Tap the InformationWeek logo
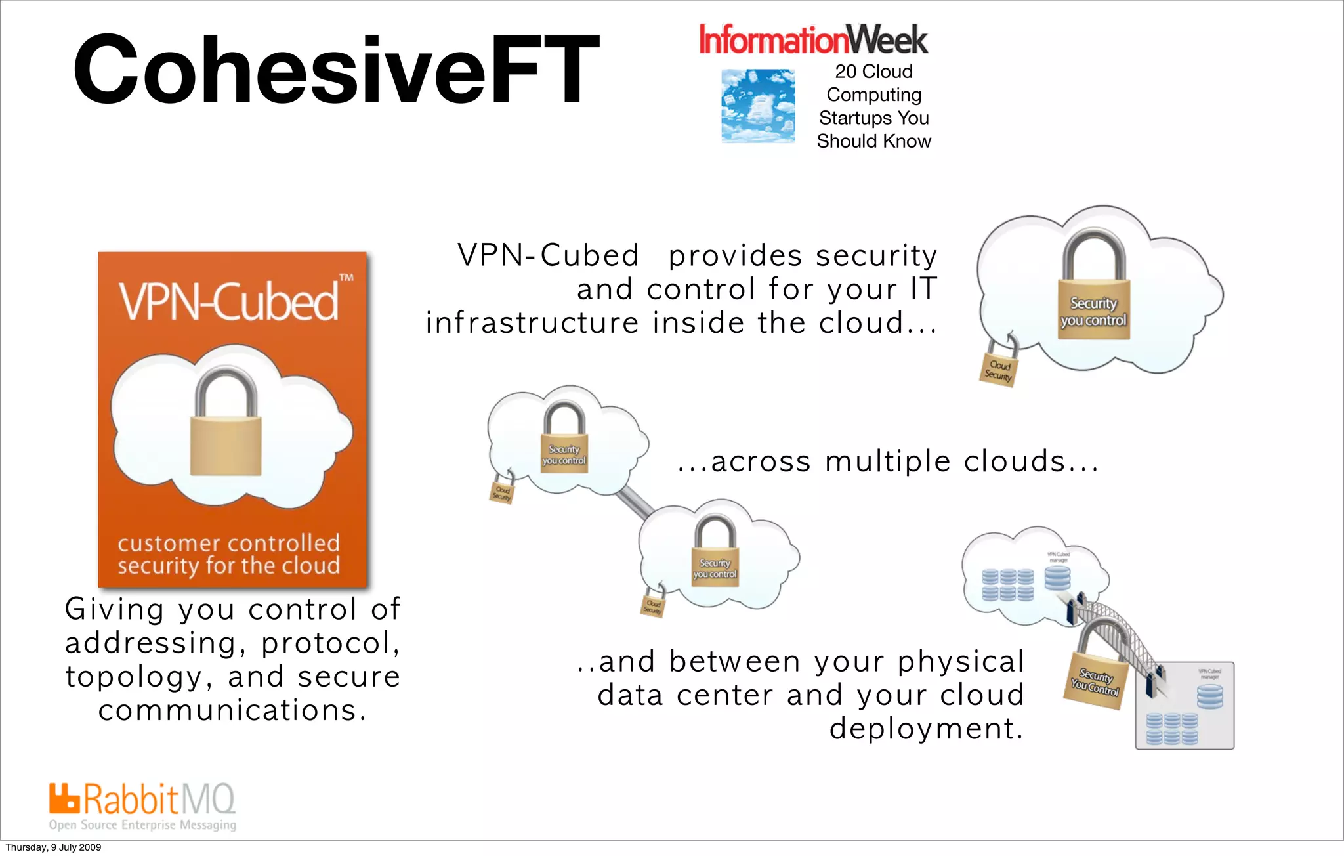pos(813,39)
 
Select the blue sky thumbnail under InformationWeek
pos(758,106)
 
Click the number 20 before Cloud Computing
pos(845,72)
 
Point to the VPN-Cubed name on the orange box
pos(229,301)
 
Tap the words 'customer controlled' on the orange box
pos(228,543)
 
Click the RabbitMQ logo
pos(142,800)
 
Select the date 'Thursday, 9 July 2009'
pos(53,847)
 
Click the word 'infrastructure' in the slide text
pos(532,323)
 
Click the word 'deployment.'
pos(926,729)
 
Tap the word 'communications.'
pos(232,710)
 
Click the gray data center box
pos(1185,706)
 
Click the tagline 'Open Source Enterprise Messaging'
pos(142,825)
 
